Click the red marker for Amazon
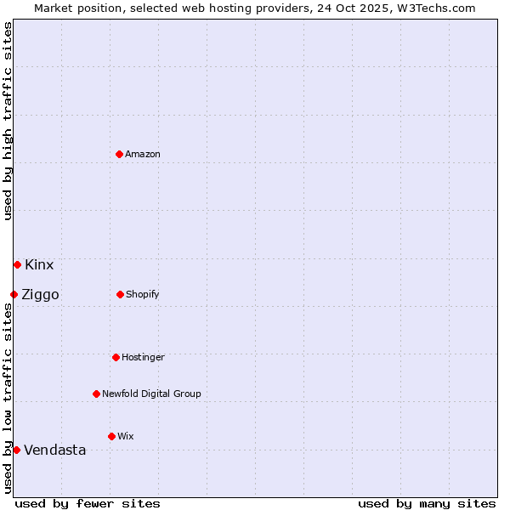119,154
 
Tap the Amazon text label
143,154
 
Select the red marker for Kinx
17,264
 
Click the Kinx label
39,264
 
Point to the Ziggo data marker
14,294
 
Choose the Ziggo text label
40,295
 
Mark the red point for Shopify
120,294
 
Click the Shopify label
143,294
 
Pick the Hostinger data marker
116,357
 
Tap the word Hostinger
143,357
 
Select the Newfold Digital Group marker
96,394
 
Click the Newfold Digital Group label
151,394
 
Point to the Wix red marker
111,436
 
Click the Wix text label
126,436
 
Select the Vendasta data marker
16,450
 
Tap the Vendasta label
55,450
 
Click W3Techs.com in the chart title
437,8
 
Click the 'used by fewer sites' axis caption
88,503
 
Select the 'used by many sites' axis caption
427,503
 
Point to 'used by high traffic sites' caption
8,121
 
